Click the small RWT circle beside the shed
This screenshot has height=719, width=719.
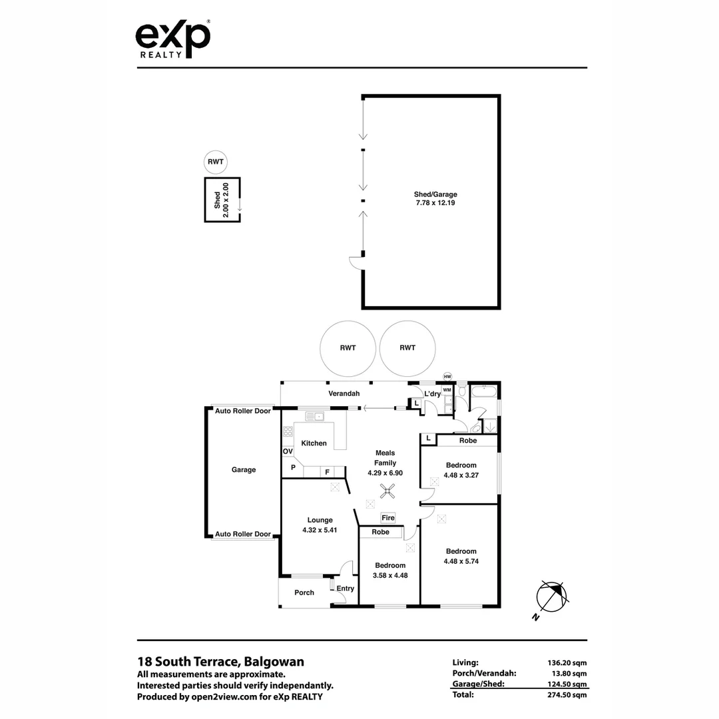[x=216, y=162]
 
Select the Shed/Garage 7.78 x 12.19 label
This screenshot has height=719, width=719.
[x=435, y=198]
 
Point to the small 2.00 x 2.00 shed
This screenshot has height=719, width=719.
[x=222, y=200]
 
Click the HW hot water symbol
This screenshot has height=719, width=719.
[x=447, y=377]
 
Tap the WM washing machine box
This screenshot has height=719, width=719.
[x=447, y=389]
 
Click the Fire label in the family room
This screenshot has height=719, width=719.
[x=387, y=517]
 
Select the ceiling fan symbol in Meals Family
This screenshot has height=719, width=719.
[x=387, y=492]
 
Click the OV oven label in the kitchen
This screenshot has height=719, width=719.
[x=288, y=451]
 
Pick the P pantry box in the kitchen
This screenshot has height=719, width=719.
[x=292, y=468]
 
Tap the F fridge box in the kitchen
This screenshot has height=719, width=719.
[x=327, y=472]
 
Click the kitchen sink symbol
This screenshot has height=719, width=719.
[x=314, y=417]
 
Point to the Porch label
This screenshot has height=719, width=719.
[x=304, y=593]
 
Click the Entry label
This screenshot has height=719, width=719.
[x=345, y=589]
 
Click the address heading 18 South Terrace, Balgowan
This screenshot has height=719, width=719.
[x=220, y=662]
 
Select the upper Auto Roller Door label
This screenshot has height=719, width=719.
[x=243, y=411]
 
